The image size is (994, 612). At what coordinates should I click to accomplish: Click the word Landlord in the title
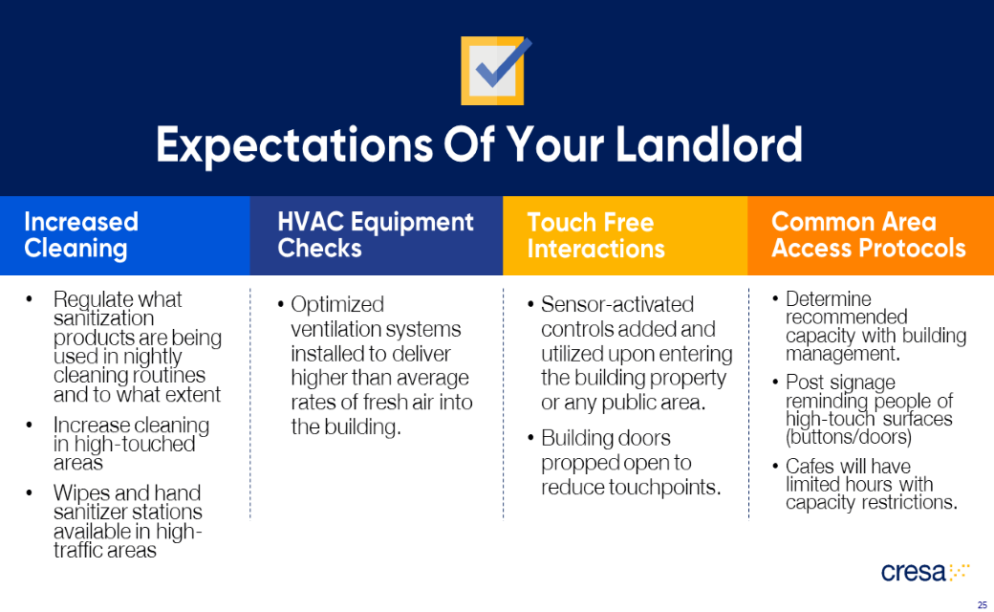707,144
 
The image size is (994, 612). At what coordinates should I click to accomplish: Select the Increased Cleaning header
81,235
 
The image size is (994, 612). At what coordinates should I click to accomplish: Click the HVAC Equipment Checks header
376,235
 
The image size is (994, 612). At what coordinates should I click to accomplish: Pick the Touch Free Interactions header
595,235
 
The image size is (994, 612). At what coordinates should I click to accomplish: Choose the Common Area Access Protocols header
868,235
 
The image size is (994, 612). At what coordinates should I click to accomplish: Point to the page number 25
982,604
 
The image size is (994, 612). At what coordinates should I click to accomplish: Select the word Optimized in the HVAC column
337,305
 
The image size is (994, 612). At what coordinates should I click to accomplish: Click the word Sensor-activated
617,305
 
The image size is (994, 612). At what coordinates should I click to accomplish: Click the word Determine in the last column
829,299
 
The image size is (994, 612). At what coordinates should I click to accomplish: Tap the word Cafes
811,467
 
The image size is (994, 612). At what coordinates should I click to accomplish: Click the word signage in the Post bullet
861,383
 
